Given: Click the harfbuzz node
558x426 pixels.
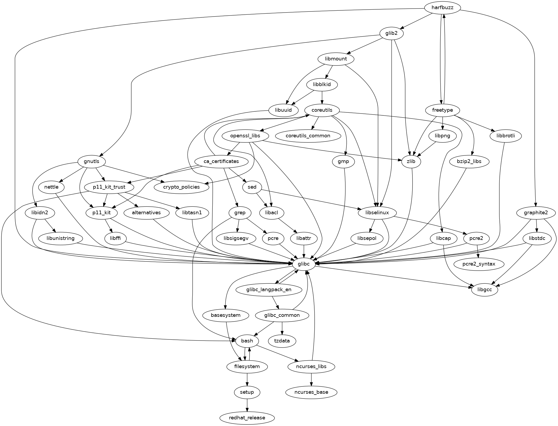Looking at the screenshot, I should point(442,7).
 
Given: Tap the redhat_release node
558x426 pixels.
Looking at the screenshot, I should point(247,418).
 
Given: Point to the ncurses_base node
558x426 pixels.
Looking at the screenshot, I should point(311,392).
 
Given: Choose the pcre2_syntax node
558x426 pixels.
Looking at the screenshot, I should point(479,264).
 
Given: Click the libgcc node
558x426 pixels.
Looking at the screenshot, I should point(484,290).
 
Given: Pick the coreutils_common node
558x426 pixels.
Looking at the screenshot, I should point(308,136).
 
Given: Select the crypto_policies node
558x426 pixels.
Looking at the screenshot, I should point(182,187).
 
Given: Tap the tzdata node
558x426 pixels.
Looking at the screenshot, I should point(282,341).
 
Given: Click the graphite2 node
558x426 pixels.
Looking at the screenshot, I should point(536,213).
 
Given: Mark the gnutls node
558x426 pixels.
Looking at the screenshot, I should point(91,161).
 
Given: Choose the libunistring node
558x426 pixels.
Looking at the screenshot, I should point(60,238).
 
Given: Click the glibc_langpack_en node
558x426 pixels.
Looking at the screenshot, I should point(269,290).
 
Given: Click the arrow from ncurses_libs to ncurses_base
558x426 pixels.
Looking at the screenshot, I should point(311,379).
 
